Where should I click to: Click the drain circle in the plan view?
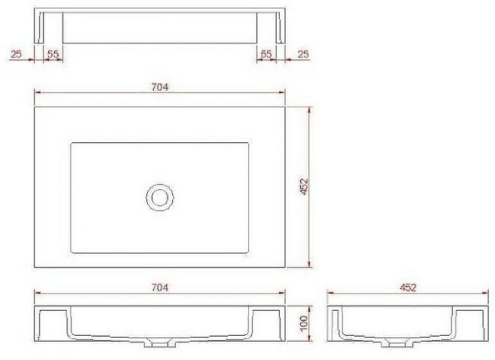pyautogui.click(x=159, y=197)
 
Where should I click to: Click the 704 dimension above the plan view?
pyautogui.click(x=160, y=86)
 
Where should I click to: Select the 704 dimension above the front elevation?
pyautogui.click(x=160, y=287)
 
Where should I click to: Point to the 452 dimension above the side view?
pyautogui.click(x=407, y=287)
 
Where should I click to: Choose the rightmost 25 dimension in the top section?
pyautogui.click(x=303, y=55)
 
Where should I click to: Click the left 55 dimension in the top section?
pyautogui.click(x=53, y=55)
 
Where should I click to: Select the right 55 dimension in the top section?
pyautogui.click(x=266, y=55)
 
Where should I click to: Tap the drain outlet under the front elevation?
pyautogui.click(x=160, y=344)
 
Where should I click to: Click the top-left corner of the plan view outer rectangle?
pyautogui.click(x=34, y=107)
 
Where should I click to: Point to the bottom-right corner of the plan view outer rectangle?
pyautogui.click(x=285, y=267)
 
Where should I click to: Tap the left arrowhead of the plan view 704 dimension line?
pyautogui.click(x=36, y=92)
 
